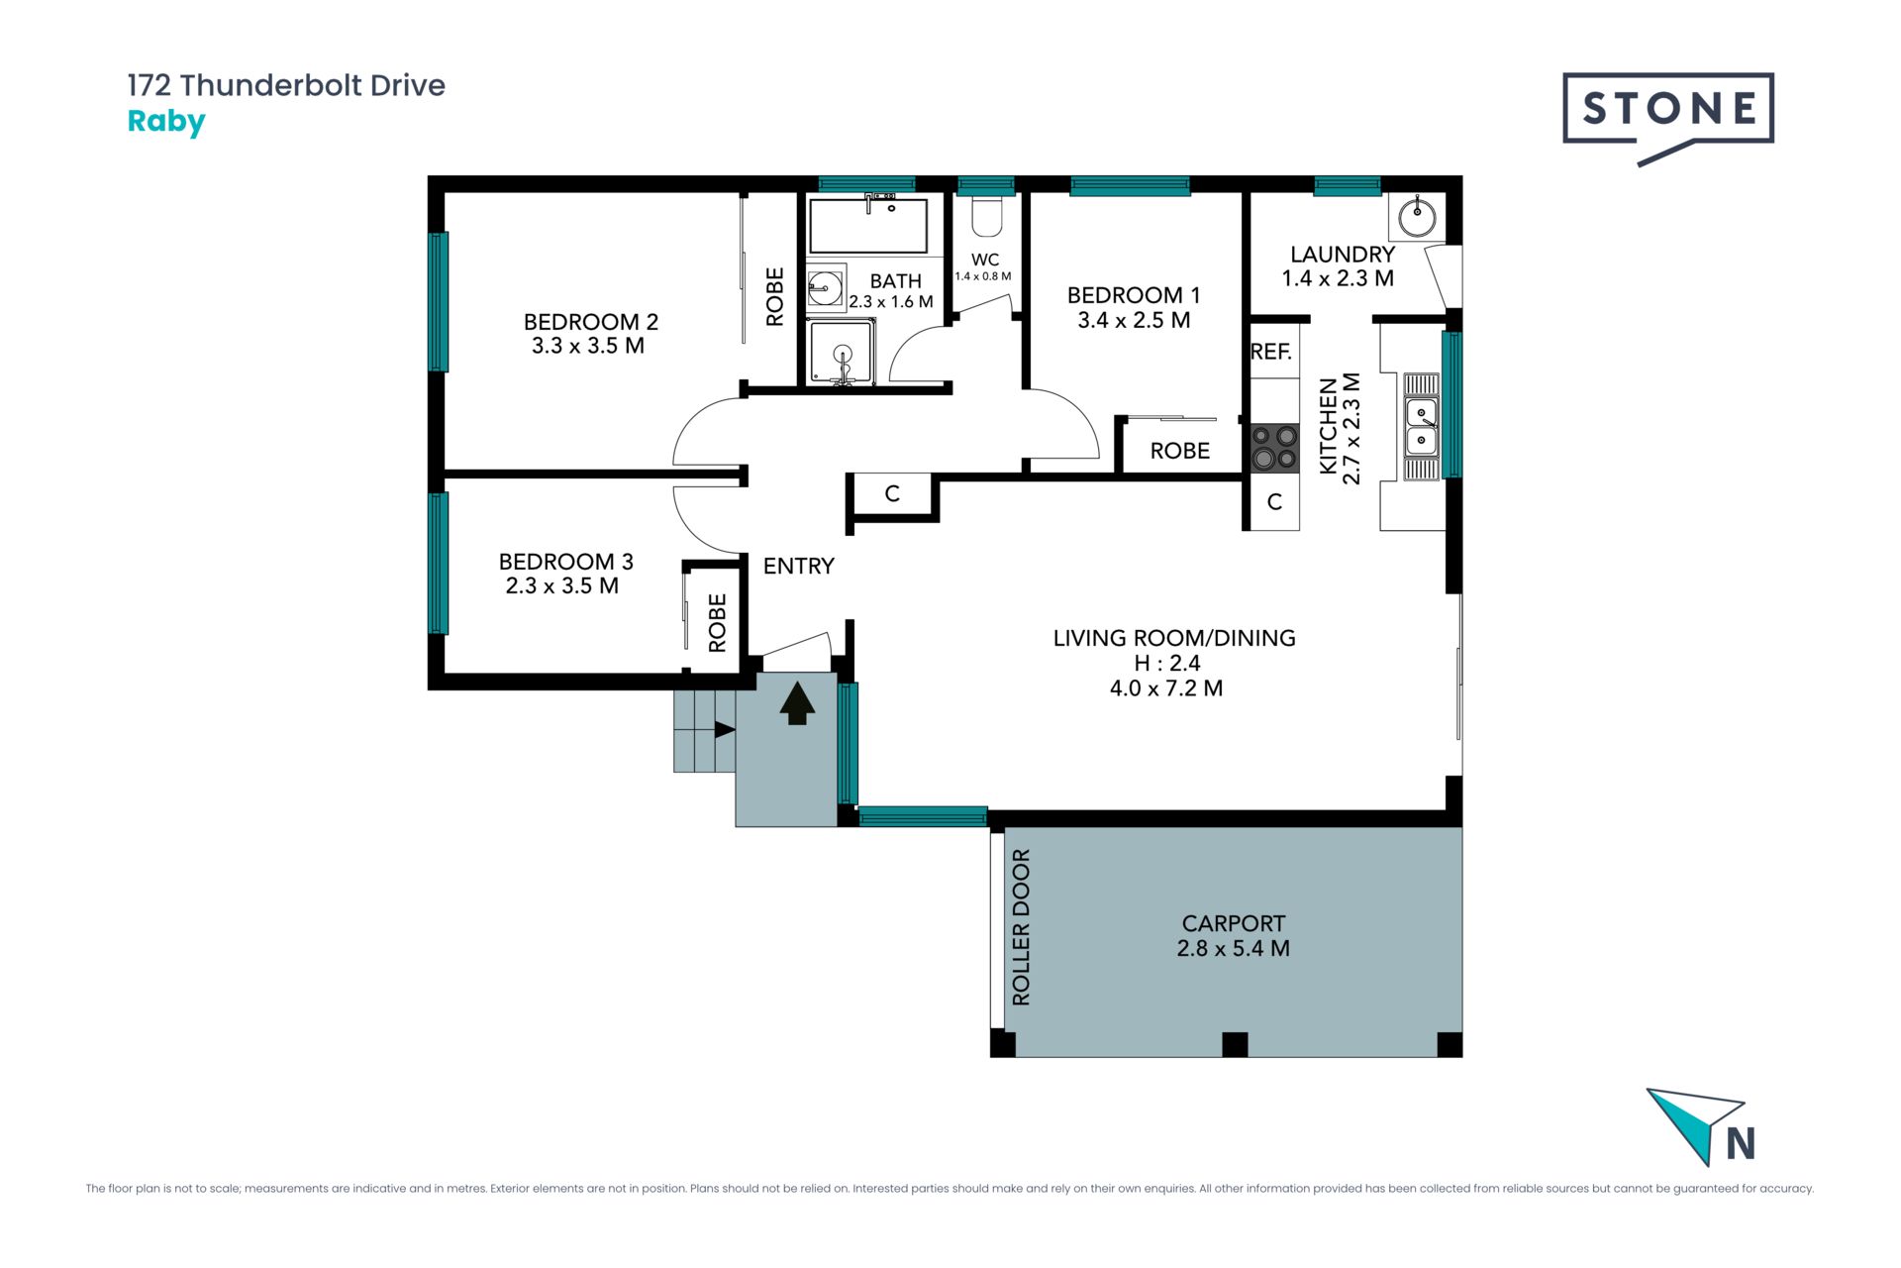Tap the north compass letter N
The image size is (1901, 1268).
click(1741, 1143)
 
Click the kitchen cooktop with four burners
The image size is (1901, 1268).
click(1274, 447)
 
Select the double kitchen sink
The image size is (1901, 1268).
click(1422, 426)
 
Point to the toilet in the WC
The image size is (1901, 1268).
click(986, 216)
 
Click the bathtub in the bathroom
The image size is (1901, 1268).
click(868, 225)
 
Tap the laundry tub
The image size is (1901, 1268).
click(1417, 217)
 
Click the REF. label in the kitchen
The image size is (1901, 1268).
click(1271, 352)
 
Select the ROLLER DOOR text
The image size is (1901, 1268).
click(1021, 927)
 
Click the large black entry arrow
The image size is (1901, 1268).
click(797, 704)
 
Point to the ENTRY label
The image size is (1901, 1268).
click(799, 566)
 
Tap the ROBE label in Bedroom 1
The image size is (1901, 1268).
click(1179, 451)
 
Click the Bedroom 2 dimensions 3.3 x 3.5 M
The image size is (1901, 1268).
click(588, 346)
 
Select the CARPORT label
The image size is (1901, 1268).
click(1234, 923)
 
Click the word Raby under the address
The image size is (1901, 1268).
click(166, 123)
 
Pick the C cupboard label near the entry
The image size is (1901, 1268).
click(892, 493)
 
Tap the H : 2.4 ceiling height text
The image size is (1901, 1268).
click(1167, 663)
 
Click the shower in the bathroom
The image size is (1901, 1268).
click(842, 353)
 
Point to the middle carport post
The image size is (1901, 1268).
click(1235, 1044)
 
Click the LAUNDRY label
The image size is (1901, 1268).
click(1343, 255)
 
